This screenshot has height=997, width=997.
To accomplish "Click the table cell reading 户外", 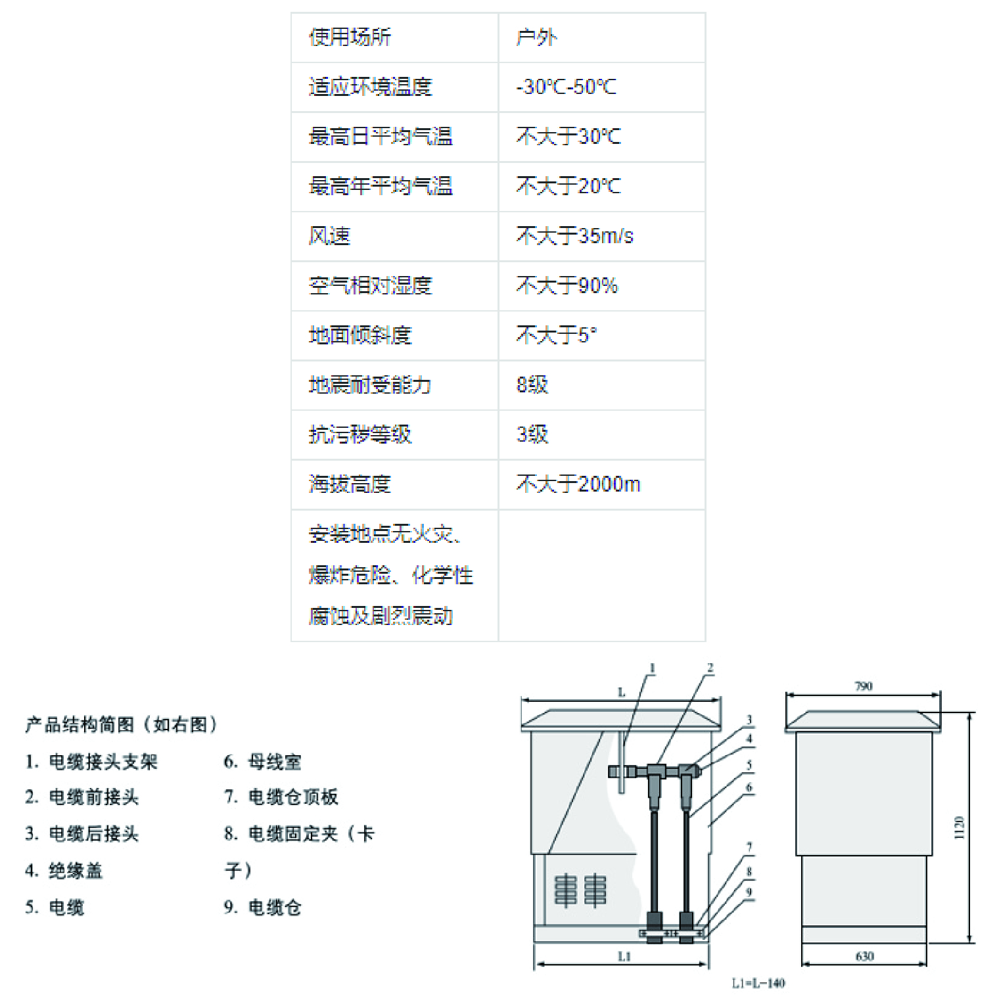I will coord(536,37).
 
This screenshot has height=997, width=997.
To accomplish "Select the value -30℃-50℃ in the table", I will coord(566,87).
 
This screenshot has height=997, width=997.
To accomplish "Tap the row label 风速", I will coord(329,236).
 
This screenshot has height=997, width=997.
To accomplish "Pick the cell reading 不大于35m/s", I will coord(574,236).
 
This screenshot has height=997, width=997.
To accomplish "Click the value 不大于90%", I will coord(567,286).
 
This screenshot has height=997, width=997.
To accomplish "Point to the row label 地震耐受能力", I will coord(369,385).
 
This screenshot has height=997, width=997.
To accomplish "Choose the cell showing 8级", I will coord(532,385).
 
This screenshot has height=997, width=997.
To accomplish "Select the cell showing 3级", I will coord(532,434).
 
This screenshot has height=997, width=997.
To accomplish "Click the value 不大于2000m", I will coord(578,484).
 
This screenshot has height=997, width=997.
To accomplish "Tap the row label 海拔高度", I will coord(350,484).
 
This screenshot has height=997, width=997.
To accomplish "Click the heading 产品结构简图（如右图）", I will coord(122,725).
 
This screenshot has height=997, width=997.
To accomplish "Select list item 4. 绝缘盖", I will coord(64,871).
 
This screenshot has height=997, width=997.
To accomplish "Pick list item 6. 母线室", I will coord(262,762).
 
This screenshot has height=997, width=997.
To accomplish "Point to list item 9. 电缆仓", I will coord(262,908).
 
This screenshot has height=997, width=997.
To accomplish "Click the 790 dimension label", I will coord(863,686).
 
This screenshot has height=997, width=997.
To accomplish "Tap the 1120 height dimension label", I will coord(959,827).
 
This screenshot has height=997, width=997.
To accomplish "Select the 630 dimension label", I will coord(864,956).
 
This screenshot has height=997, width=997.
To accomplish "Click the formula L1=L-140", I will coord(758,983).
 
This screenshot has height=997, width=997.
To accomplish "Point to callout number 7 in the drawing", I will coord(749,847).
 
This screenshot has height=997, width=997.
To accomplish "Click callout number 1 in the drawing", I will coord(653,668).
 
